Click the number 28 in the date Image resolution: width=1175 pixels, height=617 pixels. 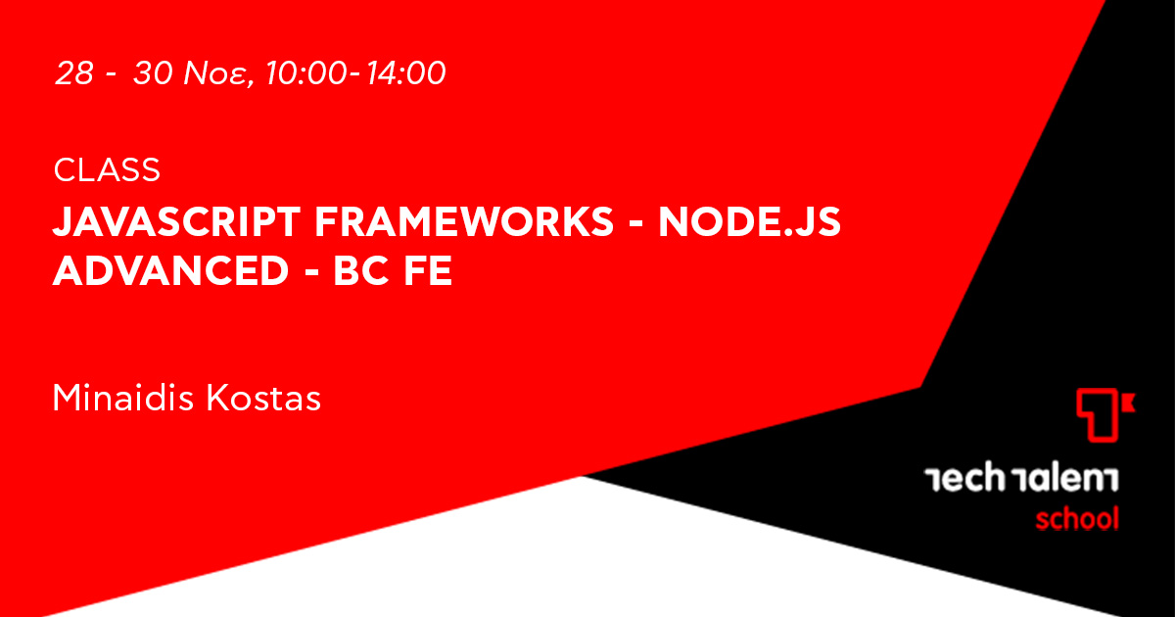[x=74, y=72]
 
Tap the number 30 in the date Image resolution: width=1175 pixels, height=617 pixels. [x=153, y=72]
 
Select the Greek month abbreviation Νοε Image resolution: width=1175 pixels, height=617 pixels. [x=214, y=72]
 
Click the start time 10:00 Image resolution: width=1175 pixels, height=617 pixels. [x=306, y=72]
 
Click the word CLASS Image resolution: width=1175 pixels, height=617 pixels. [x=107, y=169]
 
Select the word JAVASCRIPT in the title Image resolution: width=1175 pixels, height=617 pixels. [x=177, y=222]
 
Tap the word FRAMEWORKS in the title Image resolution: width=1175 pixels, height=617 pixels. [x=464, y=222]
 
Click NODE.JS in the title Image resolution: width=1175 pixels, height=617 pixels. [x=750, y=222]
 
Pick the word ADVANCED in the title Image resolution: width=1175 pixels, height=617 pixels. [x=171, y=270]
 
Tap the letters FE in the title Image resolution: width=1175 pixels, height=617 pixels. [x=428, y=270]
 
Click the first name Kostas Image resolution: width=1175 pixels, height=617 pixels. [x=263, y=398]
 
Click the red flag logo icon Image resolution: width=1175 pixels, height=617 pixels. [x=1104, y=414]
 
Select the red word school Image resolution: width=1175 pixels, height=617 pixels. [x=1077, y=519]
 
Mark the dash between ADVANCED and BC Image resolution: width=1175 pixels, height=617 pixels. [x=311, y=273]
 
